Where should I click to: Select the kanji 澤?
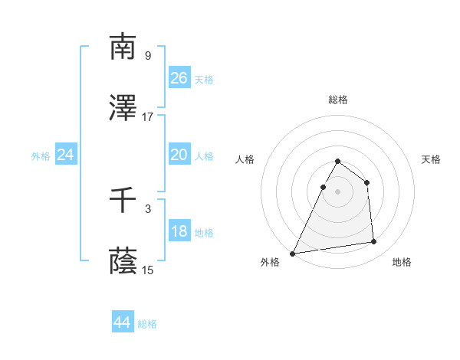[123, 110]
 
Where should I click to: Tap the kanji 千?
[123, 201]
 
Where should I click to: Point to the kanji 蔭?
[123, 262]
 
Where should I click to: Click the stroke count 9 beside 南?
[148, 55]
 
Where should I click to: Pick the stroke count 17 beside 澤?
[148, 117]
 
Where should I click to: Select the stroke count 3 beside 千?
[148, 208]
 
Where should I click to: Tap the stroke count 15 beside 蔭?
[148, 270]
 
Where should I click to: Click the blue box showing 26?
[179, 78]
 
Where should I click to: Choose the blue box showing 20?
[179, 155]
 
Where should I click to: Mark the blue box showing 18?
[179, 231]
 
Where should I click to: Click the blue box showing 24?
[66, 155]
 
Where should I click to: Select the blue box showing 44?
[123, 323]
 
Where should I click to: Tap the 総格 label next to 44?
[148, 324]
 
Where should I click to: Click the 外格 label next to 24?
[41, 155]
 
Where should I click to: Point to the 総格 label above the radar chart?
[338, 100]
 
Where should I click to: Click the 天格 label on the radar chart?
[432, 159]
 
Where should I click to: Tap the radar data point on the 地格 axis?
[374, 242]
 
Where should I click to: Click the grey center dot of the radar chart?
[338, 191]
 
